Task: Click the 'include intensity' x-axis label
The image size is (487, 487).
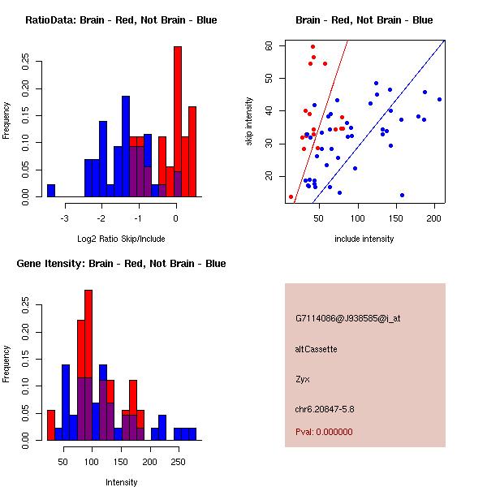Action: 364,239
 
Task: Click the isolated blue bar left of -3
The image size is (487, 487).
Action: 51,191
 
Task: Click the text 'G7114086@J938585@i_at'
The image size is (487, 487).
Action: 347,318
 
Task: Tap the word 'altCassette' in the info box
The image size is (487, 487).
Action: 316,348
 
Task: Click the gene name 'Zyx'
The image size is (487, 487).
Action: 302,379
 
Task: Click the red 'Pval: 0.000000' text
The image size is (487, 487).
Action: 325,433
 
